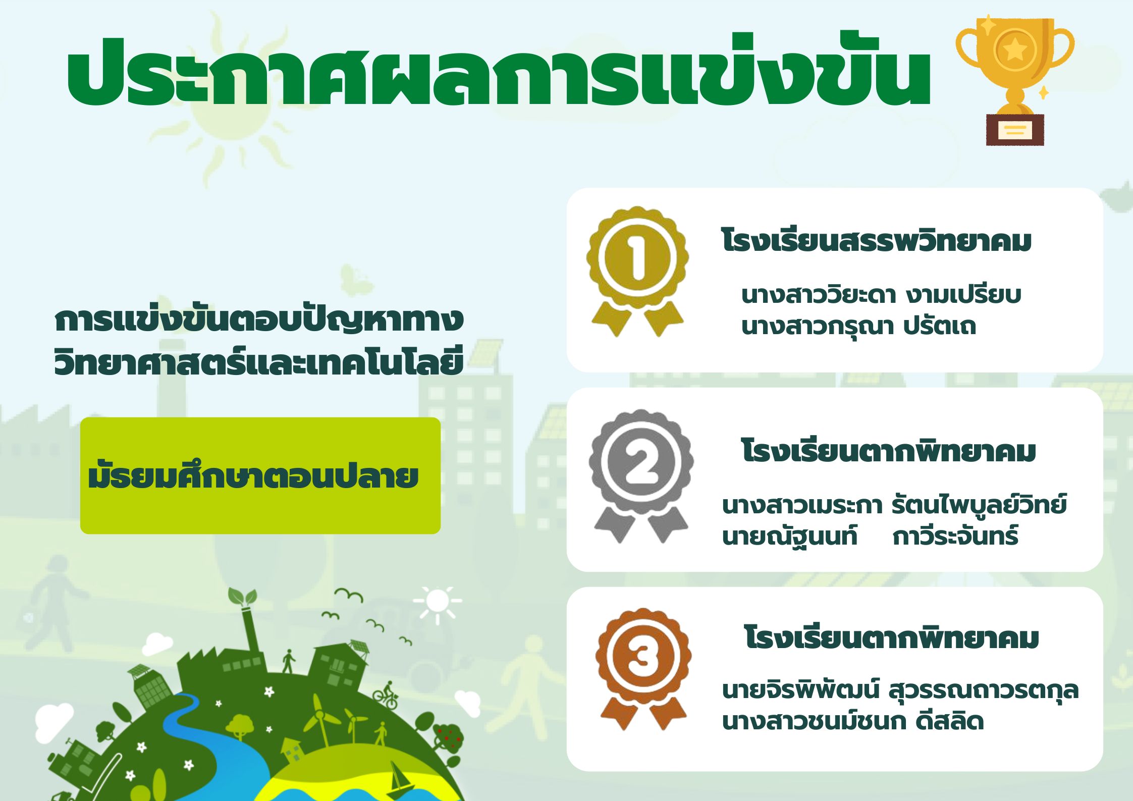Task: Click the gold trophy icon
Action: (x=1015, y=81)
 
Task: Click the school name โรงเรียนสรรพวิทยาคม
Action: (x=876, y=241)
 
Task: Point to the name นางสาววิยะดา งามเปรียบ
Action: (x=881, y=295)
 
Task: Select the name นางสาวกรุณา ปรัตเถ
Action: (x=858, y=326)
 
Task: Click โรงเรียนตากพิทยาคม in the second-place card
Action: (x=888, y=451)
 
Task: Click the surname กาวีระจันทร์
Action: (x=955, y=536)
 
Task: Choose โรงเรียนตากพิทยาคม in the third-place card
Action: (x=891, y=637)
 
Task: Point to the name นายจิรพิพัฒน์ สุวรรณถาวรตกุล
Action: (x=900, y=690)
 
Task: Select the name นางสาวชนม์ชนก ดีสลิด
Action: (x=853, y=721)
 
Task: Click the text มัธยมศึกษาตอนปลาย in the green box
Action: (x=253, y=475)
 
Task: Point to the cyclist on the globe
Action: (x=386, y=696)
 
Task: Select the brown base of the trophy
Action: (x=1015, y=130)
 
